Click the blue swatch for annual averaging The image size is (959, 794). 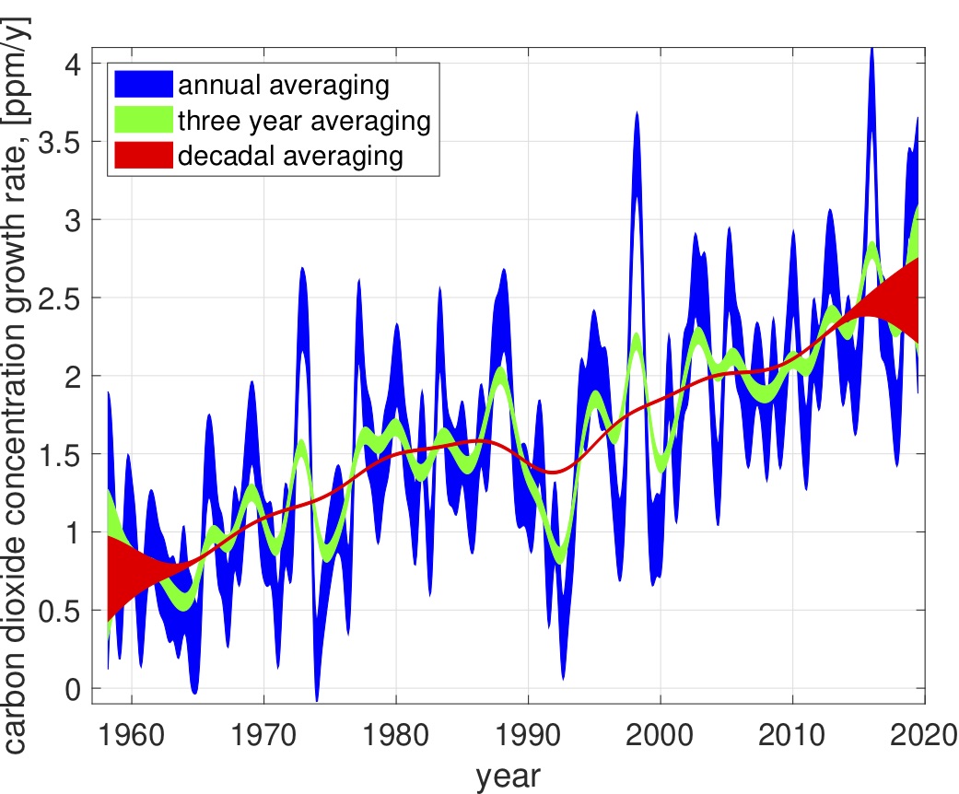144,87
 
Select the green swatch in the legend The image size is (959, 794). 144,121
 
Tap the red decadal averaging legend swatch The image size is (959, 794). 144,156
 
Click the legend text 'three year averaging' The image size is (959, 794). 305,121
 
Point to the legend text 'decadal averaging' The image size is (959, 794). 291,156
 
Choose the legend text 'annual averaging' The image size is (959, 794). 284,87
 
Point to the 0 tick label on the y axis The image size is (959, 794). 72,688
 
